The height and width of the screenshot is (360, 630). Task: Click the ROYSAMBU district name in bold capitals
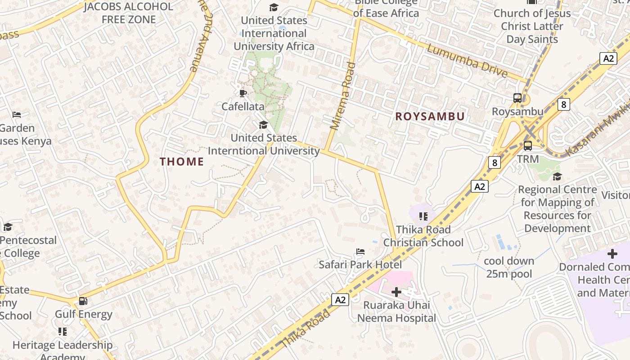point(430,117)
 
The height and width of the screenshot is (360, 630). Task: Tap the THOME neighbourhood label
point(182,162)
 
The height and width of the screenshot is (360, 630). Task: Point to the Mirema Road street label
point(342,96)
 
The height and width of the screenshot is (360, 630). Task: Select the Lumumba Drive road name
point(467,61)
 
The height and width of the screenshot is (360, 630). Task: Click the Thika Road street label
point(306,328)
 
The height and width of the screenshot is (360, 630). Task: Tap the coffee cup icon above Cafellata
point(243,93)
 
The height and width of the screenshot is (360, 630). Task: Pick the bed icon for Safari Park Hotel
point(360,251)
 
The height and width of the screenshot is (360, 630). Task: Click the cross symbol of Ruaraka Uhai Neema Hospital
point(396,292)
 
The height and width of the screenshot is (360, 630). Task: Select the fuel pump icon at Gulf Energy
point(83,301)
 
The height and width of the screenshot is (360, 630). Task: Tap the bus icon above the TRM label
point(527,146)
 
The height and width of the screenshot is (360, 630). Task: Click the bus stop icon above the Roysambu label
point(517,98)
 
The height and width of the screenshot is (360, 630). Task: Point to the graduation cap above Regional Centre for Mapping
point(557,176)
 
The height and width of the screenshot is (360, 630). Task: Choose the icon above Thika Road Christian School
point(423,216)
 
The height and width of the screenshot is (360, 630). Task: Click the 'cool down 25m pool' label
point(509,267)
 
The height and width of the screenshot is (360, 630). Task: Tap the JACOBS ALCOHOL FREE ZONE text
point(128,13)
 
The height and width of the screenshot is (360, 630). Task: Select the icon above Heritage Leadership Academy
point(63,332)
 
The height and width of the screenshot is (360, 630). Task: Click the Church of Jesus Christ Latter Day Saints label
point(532,26)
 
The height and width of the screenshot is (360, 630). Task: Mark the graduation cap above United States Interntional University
point(263,125)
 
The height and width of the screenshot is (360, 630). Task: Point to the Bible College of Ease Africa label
point(386,8)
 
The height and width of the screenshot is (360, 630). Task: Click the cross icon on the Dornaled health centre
point(612,254)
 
